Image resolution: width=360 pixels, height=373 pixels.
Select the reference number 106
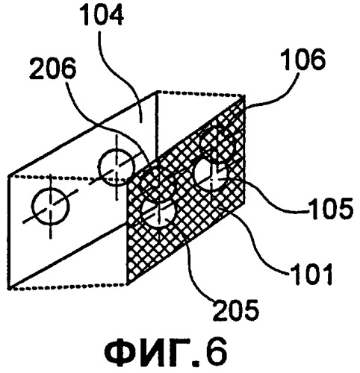tap(305, 59)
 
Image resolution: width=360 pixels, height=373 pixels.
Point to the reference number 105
tap(331, 208)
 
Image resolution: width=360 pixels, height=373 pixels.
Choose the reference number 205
tap(236, 310)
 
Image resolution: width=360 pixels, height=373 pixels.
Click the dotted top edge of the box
tap(200, 94)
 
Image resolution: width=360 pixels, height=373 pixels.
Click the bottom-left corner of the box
tap(10, 287)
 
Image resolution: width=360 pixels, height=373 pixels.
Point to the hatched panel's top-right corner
tap(244, 98)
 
